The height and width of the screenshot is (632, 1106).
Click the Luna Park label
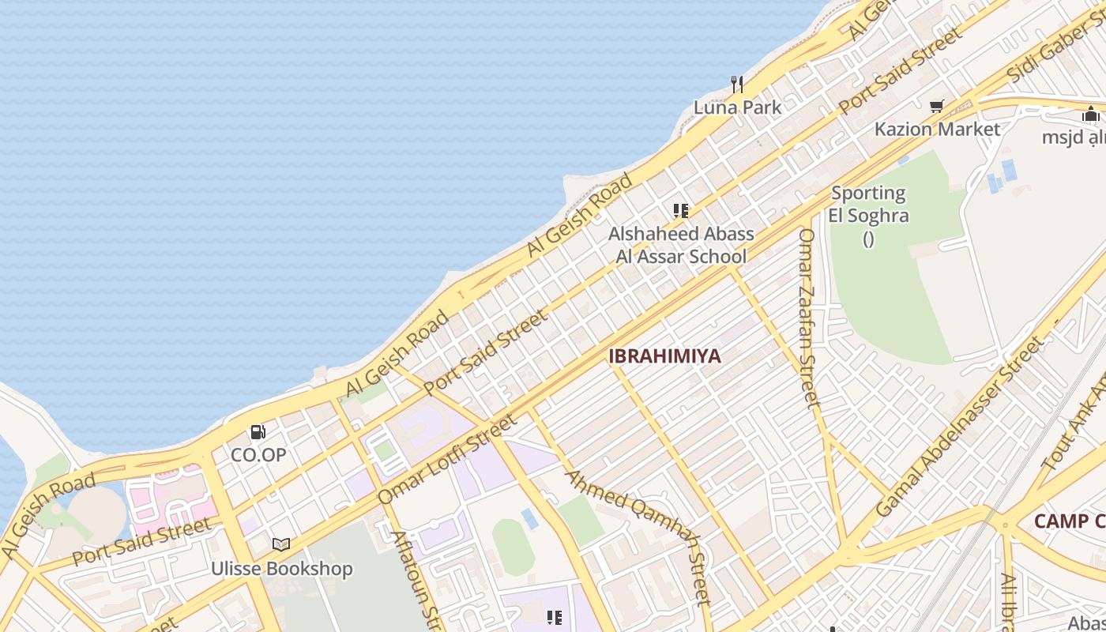pyautogui.click(x=737, y=107)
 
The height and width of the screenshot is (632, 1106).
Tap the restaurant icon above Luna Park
pyautogui.click(x=737, y=85)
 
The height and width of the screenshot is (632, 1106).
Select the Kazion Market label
pyautogui.click(x=937, y=129)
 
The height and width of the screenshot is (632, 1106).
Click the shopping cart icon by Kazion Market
pyautogui.click(x=937, y=106)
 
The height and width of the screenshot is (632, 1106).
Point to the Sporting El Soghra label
pyautogui.click(x=868, y=205)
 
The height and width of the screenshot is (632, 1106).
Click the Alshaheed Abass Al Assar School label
pyautogui.click(x=681, y=245)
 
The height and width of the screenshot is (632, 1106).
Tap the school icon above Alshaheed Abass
pyautogui.click(x=681, y=211)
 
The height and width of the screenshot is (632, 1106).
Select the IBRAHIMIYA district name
pyautogui.click(x=664, y=356)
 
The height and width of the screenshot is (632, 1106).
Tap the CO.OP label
pyautogui.click(x=258, y=455)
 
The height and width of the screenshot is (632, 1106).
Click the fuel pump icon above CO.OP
pyautogui.click(x=258, y=432)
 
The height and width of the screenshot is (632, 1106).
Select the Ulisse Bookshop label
pyautogui.click(x=281, y=569)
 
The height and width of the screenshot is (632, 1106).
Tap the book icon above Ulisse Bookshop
pyautogui.click(x=281, y=544)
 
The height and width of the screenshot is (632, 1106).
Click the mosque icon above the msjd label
pyautogui.click(x=1091, y=114)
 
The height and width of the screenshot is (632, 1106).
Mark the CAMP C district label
pyautogui.click(x=1069, y=521)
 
